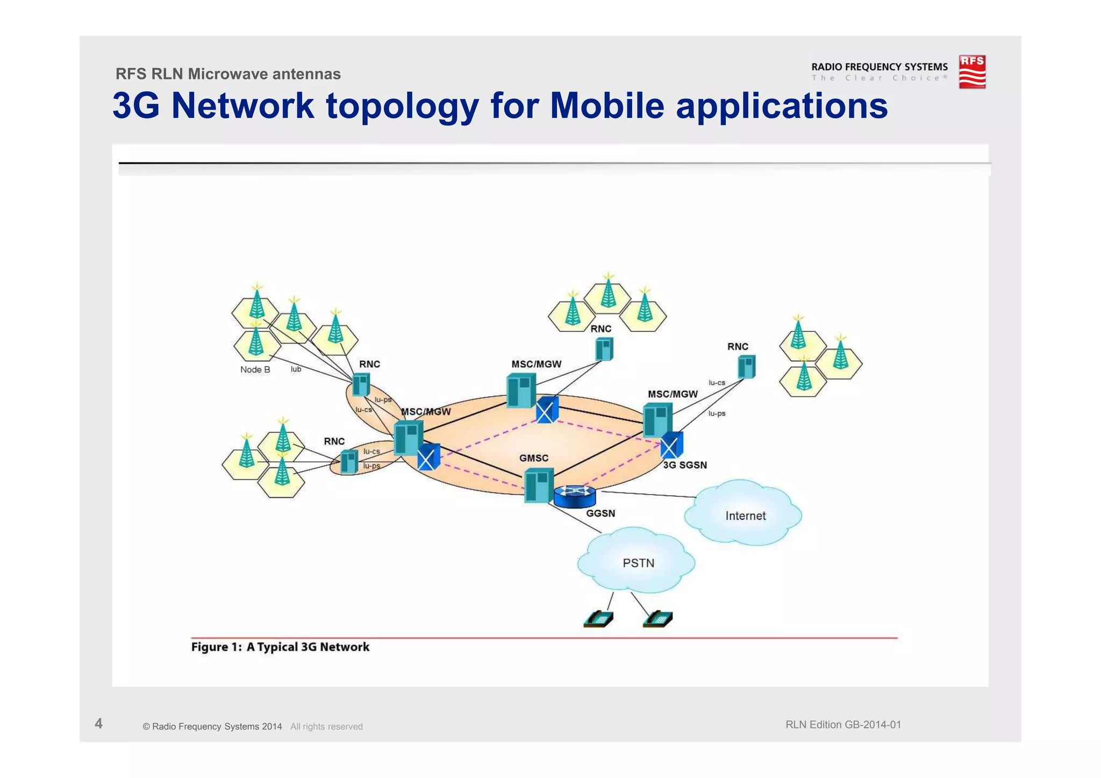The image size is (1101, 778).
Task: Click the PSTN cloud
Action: pyautogui.click(x=638, y=562)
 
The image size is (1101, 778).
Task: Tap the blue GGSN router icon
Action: pyautogui.click(x=575, y=496)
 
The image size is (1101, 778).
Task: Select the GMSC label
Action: pyautogui.click(x=533, y=458)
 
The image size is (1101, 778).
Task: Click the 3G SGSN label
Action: pyautogui.click(x=684, y=465)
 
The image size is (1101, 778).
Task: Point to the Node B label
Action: pyautogui.click(x=255, y=369)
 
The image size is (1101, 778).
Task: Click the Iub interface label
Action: pyautogui.click(x=296, y=369)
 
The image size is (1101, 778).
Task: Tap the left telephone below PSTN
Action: pyautogui.click(x=598, y=619)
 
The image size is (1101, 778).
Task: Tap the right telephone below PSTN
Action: pyautogui.click(x=657, y=619)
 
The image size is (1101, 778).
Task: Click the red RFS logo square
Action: pyautogui.click(x=972, y=72)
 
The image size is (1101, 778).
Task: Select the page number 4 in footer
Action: pyautogui.click(x=98, y=723)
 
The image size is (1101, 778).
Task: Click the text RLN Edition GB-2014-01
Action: pyautogui.click(x=842, y=724)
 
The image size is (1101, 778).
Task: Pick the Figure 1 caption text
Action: pyautogui.click(x=280, y=647)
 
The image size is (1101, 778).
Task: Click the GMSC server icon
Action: pyautogui.click(x=538, y=485)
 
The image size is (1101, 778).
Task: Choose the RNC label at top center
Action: pyautogui.click(x=600, y=329)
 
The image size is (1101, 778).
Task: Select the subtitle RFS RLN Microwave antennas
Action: pyautogui.click(x=228, y=74)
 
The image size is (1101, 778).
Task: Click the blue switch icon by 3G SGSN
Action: pyautogui.click(x=671, y=445)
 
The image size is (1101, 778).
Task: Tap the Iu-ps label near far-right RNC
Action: pyautogui.click(x=717, y=413)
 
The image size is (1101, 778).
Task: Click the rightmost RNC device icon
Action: pyautogui.click(x=746, y=367)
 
